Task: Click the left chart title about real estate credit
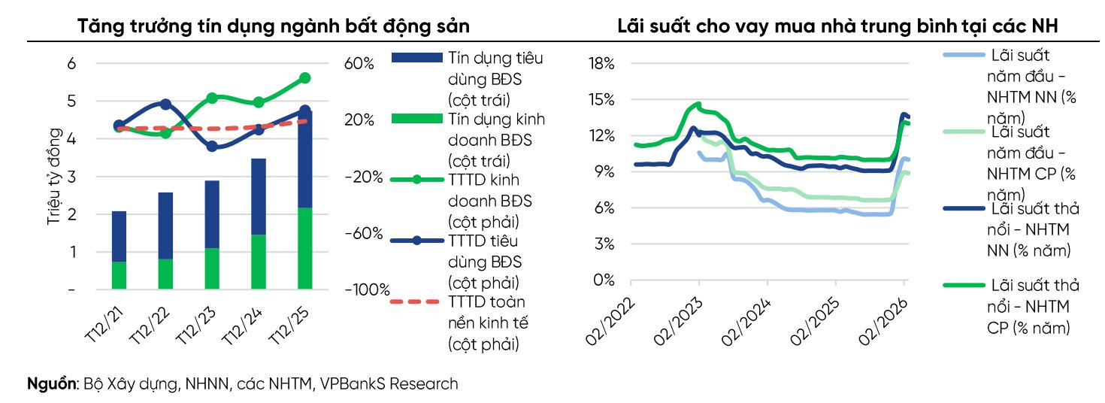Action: (x=274, y=26)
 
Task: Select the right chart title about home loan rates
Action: (x=837, y=26)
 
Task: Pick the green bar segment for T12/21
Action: (x=119, y=275)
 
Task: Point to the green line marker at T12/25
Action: (x=304, y=77)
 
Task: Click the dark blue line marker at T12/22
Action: (x=165, y=105)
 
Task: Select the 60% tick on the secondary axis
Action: (x=359, y=64)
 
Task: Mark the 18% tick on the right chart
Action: (x=602, y=64)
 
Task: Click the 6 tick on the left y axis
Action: (x=72, y=64)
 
